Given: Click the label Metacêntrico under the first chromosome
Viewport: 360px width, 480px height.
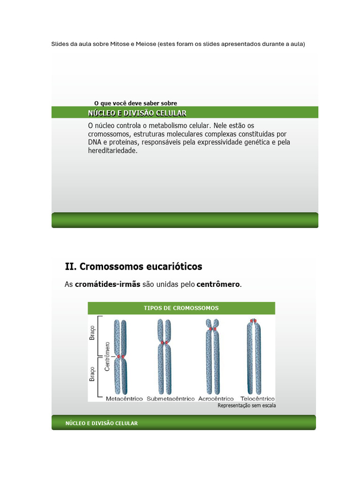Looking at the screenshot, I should point(124,399).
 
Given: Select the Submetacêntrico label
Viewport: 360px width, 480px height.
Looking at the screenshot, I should point(171,399).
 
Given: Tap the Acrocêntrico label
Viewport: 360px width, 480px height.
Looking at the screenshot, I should point(216,399).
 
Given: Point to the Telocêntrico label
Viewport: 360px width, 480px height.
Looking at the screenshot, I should point(257,399).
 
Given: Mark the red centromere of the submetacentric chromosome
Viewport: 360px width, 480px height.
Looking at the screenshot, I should point(165,343).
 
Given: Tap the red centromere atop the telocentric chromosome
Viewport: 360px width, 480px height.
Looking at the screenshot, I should point(254,321).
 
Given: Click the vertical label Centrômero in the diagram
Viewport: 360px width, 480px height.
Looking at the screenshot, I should point(107,356).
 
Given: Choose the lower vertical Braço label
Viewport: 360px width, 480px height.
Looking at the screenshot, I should point(92,373).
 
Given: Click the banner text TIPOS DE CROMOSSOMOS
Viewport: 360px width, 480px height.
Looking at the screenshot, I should point(181,308).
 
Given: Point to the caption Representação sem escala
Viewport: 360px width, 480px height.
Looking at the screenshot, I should point(247,406).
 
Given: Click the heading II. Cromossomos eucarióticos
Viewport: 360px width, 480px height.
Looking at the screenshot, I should point(134,267).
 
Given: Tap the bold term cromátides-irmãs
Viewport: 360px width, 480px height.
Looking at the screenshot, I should point(107,285).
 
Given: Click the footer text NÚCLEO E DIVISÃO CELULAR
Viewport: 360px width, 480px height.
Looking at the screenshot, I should point(102,423).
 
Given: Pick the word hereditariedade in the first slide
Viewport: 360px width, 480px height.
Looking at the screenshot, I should point(112,151).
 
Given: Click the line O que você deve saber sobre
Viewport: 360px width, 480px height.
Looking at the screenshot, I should point(135,103).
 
